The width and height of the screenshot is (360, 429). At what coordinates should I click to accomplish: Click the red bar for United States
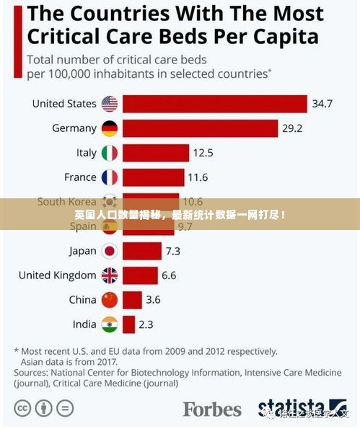click(x=214, y=104)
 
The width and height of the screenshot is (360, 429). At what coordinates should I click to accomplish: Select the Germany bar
click(x=200, y=128)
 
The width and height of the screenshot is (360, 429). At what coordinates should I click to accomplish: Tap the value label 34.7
click(x=322, y=104)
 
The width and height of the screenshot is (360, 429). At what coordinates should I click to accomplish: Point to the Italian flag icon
click(x=109, y=153)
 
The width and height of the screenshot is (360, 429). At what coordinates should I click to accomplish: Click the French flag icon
click(x=109, y=177)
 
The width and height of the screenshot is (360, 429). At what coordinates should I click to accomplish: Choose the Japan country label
click(x=82, y=251)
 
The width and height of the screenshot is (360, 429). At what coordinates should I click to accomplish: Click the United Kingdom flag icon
click(x=109, y=275)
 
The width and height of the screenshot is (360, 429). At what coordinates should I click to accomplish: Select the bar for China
click(x=132, y=300)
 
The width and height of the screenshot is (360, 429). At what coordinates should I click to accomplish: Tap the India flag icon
click(x=109, y=324)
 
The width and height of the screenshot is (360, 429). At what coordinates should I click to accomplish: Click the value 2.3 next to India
click(x=146, y=324)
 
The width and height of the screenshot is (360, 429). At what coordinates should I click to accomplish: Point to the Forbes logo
click(x=211, y=409)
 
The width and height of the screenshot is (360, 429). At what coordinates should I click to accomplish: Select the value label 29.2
click(x=291, y=128)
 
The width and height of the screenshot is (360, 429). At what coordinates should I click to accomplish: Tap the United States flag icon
click(x=109, y=104)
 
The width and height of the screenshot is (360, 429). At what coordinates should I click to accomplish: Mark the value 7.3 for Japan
click(x=172, y=251)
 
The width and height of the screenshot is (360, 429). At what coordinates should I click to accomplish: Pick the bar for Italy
click(x=155, y=153)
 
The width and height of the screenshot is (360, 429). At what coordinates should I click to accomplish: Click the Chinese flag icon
click(x=109, y=300)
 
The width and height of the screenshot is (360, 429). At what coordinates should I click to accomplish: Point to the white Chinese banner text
click(x=180, y=215)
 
